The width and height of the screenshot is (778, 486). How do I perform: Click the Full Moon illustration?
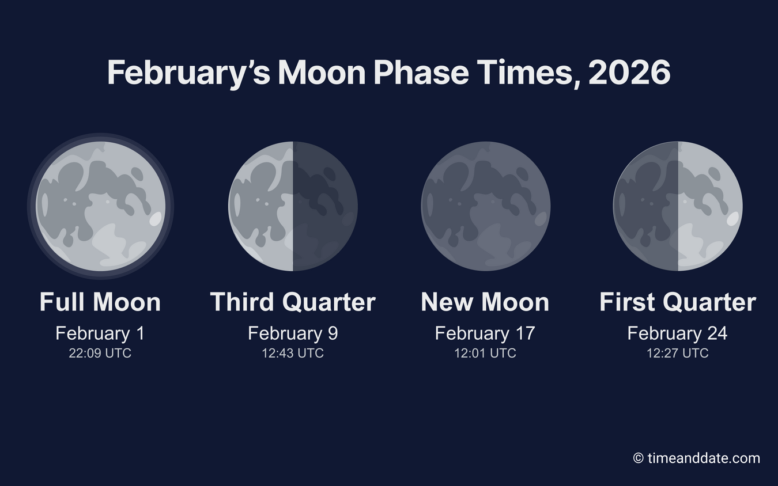click(100, 206)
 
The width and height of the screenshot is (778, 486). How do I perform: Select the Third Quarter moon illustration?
click(293, 206)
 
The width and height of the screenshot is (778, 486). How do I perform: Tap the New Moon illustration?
click(485, 206)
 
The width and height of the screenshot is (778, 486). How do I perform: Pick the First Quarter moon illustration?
click(678, 206)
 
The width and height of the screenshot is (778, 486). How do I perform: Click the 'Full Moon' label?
click(100, 302)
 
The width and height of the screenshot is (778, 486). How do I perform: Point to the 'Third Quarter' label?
click(293, 302)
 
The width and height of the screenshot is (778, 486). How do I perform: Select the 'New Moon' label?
click(485, 302)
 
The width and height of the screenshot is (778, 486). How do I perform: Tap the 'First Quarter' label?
click(678, 302)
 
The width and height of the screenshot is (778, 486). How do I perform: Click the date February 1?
click(100, 333)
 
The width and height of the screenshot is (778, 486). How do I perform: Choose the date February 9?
click(293, 333)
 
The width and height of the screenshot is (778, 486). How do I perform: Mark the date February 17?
click(485, 333)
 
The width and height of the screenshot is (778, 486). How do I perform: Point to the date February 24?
click(678, 333)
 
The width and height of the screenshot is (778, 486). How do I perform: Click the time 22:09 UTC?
click(100, 353)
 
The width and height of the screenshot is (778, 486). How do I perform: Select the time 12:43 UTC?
click(293, 353)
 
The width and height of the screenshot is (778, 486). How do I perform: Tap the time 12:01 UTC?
click(485, 353)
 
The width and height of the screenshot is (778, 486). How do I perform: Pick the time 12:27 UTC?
click(678, 353)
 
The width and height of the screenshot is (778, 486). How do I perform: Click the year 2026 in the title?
click(629, 73)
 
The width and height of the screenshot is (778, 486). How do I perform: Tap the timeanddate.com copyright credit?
click(696, 458)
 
